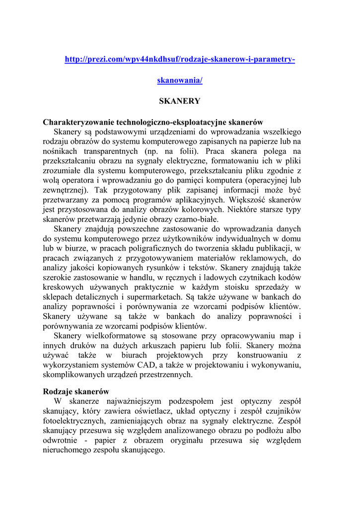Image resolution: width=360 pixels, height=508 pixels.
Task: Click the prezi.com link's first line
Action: click(x=180, y=60)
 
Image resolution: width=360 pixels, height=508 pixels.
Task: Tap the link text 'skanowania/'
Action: click(x=180, y=80)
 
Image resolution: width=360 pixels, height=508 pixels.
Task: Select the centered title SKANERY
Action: click(x=179, y=101)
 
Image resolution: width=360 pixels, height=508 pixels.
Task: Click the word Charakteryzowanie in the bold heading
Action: click(x=78, y=122)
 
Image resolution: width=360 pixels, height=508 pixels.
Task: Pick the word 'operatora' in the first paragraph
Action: click(x=77, y=180)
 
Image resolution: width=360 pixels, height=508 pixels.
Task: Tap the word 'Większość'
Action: click(x=247, y=200)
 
